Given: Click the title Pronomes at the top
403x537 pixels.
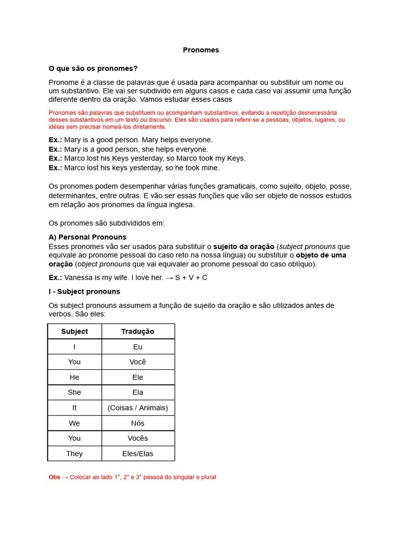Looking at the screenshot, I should (201, 50).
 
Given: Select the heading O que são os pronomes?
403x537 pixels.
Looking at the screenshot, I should (93, 69).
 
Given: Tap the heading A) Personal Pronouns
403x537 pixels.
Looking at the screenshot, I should (87, 237).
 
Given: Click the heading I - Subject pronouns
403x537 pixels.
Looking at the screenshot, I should (84, 292).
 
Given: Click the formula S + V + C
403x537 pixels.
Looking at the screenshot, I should (191, 277).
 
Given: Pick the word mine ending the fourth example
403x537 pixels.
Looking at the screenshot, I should (210, 168).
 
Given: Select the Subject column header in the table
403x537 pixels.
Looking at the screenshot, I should (75, 331).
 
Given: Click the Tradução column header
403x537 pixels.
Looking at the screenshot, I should (137, 331).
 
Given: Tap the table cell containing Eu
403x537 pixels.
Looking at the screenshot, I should (137, 347).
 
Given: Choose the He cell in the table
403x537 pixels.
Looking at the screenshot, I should (75, 377).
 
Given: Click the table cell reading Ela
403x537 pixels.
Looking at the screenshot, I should (137, 392).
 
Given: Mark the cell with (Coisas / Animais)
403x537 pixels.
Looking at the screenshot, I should (137, 407).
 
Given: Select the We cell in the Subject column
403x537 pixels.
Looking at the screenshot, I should (75, 423).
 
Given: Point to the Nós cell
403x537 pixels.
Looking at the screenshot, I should (137, 423).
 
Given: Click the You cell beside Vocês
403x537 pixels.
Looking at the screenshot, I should (75, 438).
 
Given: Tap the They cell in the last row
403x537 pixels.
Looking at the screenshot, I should (75, 454).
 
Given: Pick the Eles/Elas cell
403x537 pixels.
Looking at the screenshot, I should (137, 454).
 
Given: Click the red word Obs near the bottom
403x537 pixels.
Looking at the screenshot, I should (54, 477).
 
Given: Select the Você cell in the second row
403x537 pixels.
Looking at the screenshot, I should (137, 362).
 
